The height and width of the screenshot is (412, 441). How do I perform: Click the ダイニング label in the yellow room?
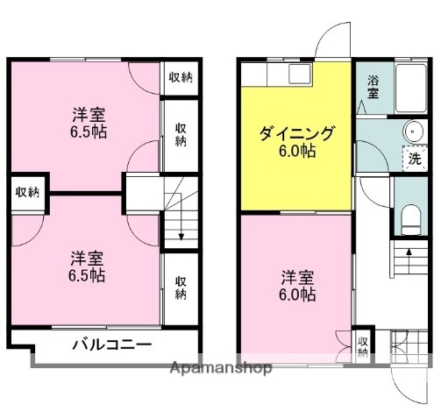click(296, 134)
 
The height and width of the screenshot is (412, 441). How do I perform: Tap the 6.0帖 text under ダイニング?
click(298, 151)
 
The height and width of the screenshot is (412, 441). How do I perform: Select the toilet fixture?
click(409, 215)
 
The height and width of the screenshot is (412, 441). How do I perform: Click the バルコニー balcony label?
click(110, 344)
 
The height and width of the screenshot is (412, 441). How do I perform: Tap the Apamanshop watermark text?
click(219, 369)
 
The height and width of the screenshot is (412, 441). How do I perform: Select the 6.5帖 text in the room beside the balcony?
click(87, 275)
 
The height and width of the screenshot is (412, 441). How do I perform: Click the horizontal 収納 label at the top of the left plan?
click(180, 77)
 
